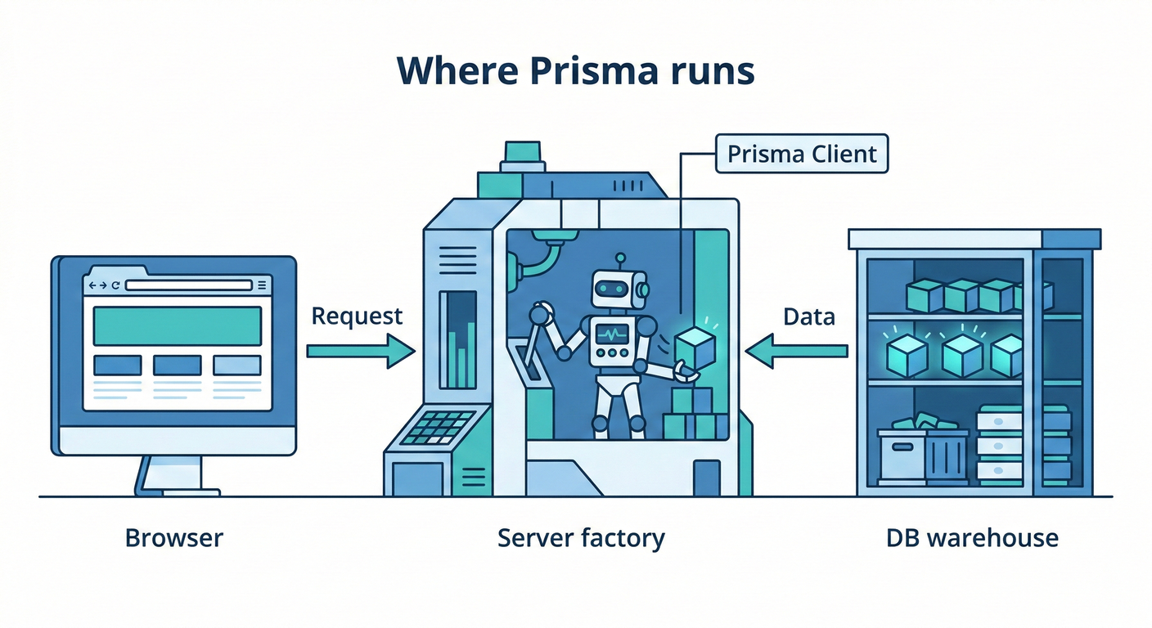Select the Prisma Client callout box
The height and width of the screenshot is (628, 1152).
pos(801,154)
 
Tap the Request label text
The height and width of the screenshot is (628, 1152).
pos(358,316)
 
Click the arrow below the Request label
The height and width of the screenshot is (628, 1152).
pos(361,352)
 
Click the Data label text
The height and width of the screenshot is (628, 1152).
pos(808,316)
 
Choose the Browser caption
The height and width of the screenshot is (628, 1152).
pos(173,538)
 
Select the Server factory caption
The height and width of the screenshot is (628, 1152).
pos(581,538)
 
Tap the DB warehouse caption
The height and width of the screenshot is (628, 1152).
pos(972,538)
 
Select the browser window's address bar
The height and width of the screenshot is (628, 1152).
pos(188,285)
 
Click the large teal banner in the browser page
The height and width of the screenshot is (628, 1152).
pos(178,326)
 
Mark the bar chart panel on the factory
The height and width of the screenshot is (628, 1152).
pos(457,339)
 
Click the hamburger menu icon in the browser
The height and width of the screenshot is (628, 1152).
pos(262,285)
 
